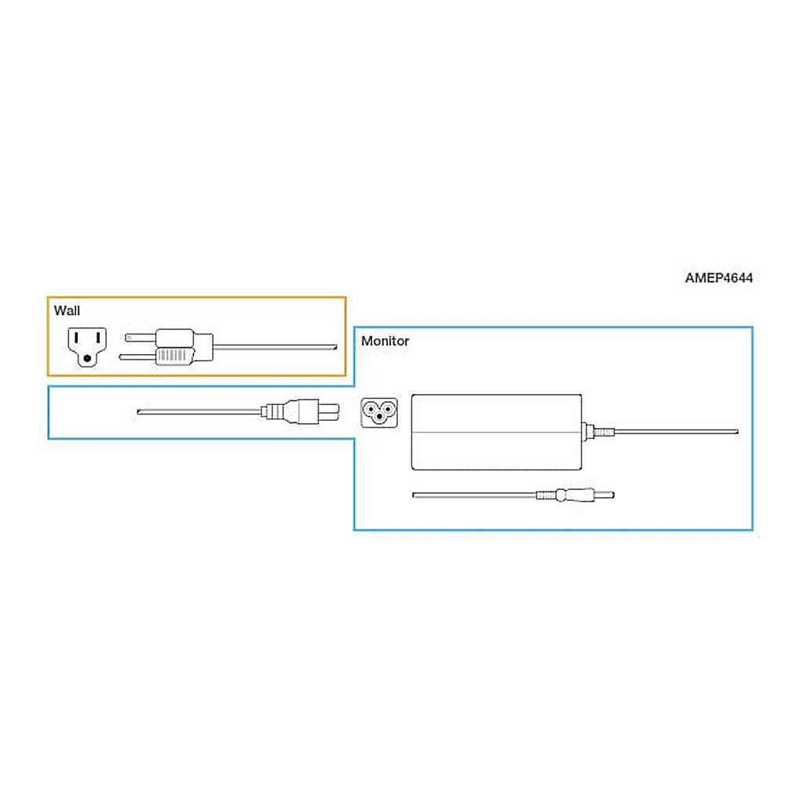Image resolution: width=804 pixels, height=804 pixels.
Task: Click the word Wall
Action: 67,311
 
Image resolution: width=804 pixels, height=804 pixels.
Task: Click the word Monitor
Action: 385,341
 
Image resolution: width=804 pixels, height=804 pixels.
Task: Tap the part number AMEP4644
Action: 719,278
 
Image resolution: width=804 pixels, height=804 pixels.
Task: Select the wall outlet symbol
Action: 87,347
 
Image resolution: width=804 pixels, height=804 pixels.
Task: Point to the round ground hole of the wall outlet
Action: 87,358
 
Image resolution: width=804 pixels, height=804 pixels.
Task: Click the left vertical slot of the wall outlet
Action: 76,338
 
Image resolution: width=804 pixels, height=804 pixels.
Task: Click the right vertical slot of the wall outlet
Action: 97,338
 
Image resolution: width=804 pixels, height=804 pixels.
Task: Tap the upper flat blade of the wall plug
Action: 141,338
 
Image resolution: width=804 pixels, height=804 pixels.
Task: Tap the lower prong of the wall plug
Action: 137,356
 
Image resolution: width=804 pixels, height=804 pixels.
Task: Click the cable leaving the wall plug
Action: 275,348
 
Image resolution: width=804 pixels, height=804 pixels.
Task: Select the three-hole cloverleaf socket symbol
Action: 379,412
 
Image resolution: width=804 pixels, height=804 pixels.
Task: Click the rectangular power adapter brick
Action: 496,432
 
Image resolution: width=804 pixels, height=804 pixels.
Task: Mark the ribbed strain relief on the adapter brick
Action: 603,432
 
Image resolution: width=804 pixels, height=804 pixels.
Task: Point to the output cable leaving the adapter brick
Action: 676,432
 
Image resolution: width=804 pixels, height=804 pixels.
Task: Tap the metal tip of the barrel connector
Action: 604,495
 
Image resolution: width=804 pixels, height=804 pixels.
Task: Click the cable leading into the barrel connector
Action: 475,495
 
